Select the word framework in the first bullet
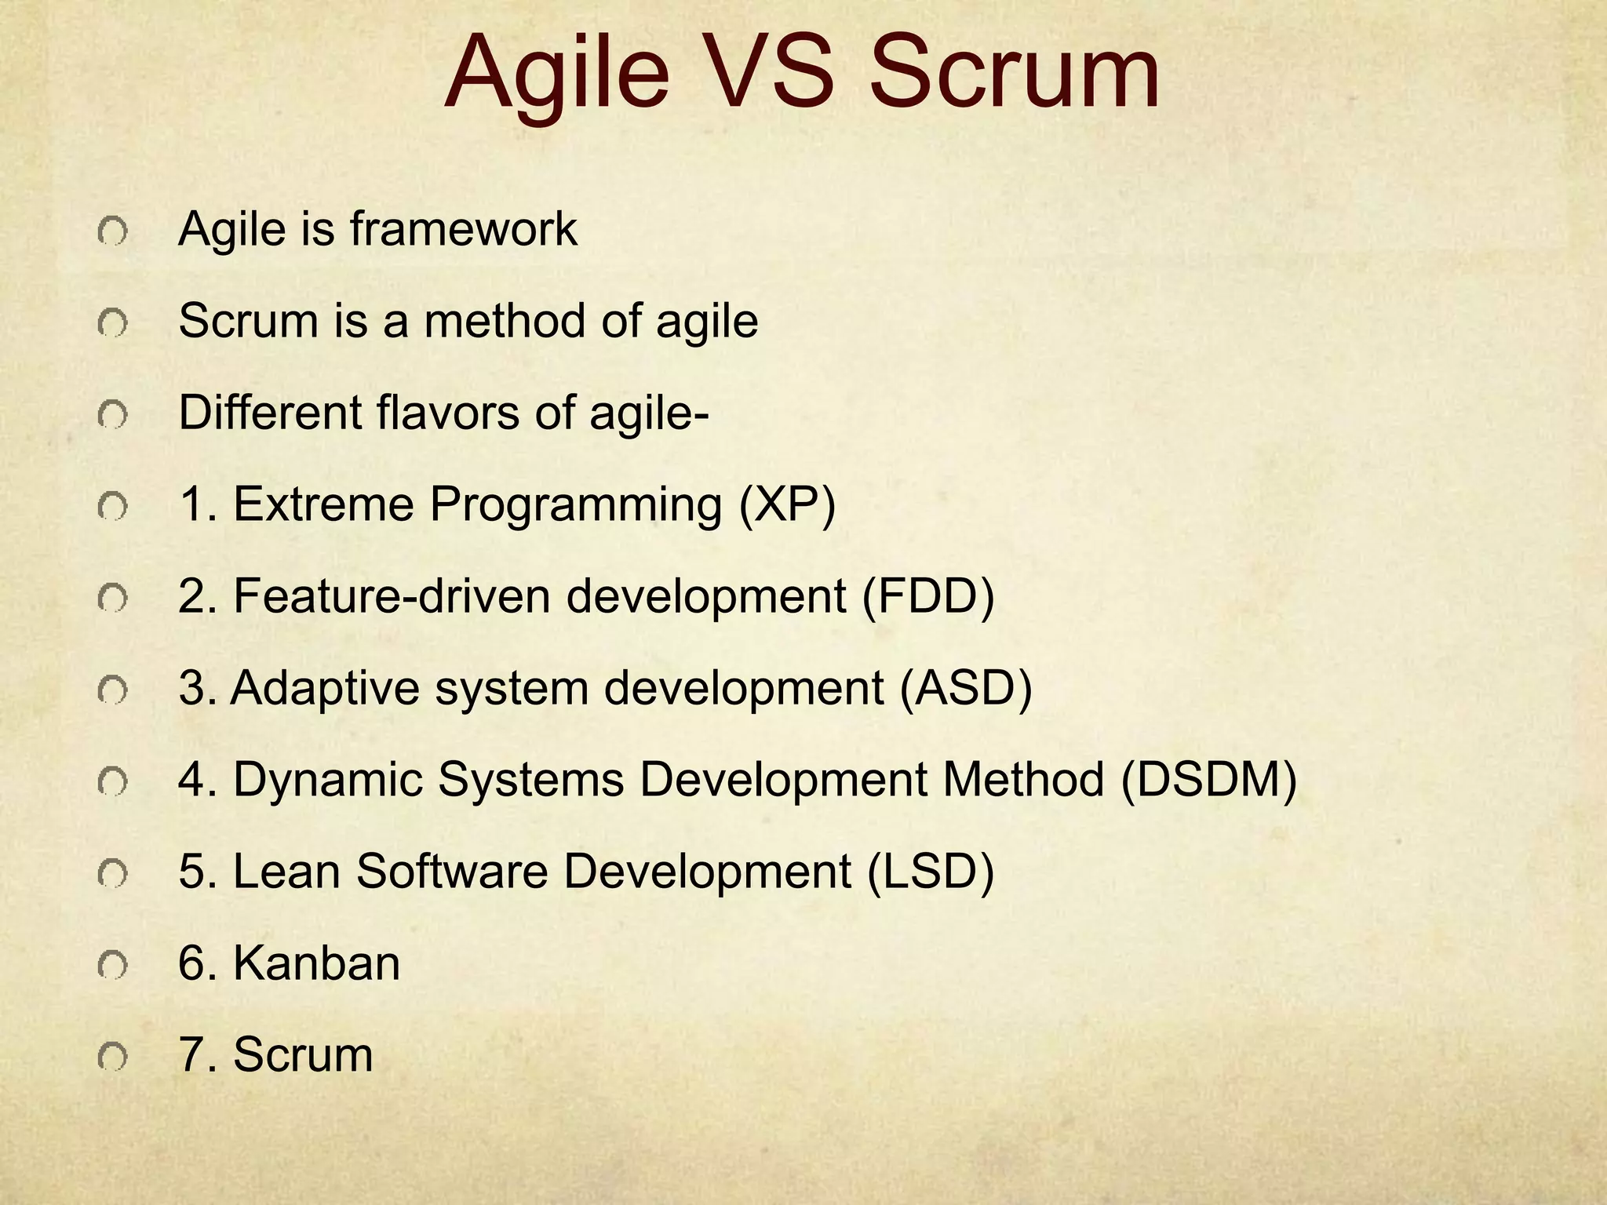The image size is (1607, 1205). tap(463, 229)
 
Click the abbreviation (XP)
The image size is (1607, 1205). tap(787, 504)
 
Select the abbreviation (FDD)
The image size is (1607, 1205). tap(928, 596)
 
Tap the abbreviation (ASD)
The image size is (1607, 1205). tap(965, 688)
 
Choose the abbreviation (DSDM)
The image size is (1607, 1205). tap(1208, 780)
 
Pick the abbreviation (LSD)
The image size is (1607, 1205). tap(931, 872)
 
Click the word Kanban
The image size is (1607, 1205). tap(316, 963)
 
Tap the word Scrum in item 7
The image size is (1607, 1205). tap(303, 1055)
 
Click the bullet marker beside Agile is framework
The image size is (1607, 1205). tap(112, 233)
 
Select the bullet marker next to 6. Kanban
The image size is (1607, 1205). tap(112, 967)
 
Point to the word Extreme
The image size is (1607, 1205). tap(323, 504)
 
